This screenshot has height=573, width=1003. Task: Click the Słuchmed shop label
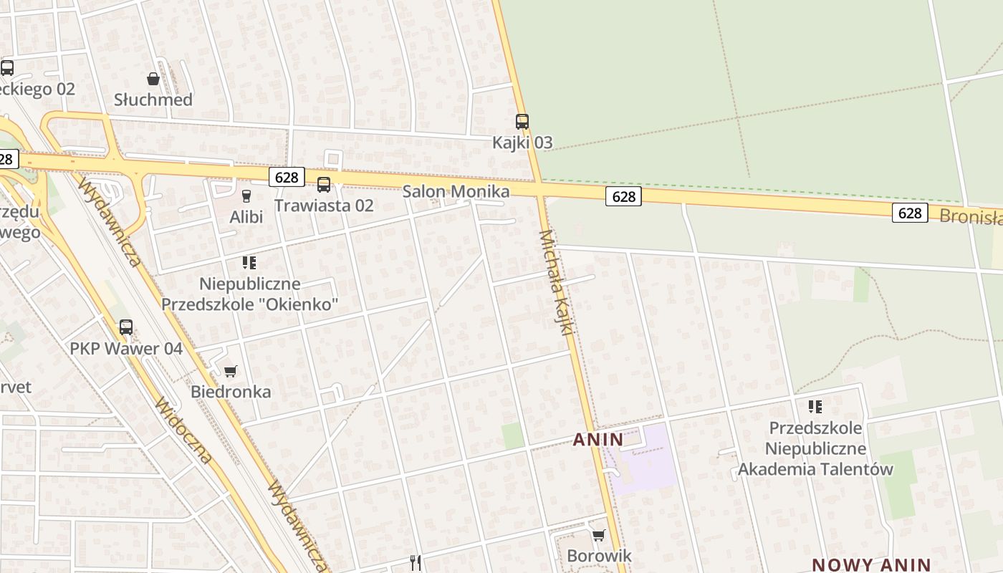153,100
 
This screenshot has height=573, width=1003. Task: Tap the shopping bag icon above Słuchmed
153,79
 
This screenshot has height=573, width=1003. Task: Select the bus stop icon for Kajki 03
522,122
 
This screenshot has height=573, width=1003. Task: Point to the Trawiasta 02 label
324,206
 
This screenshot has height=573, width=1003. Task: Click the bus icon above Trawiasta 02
324,185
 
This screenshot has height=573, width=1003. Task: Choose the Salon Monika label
456,191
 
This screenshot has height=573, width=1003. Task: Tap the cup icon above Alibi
246,196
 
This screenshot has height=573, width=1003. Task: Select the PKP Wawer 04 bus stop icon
126,327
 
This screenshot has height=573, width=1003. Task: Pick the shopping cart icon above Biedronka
230,371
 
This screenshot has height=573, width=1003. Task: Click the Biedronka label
231,392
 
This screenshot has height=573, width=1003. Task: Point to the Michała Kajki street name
557,283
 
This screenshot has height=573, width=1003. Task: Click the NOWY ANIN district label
870,564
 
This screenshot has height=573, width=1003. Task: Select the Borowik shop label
599,555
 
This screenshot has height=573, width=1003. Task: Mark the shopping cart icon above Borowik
599,535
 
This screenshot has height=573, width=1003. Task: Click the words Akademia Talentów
815,469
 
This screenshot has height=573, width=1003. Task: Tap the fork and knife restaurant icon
416,563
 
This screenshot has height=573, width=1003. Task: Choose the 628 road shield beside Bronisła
910,213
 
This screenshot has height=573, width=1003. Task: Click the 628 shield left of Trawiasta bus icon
287,177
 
